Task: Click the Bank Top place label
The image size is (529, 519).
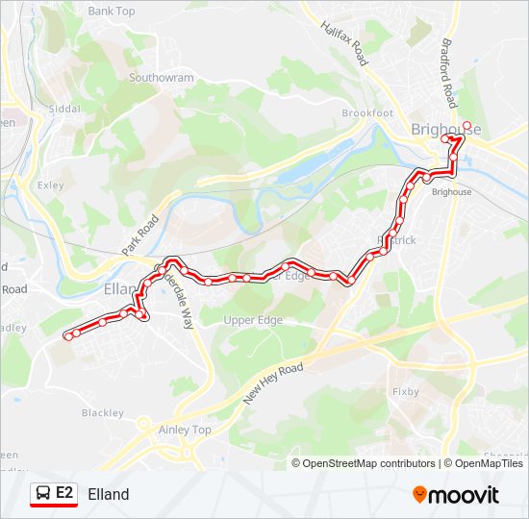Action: tap(113, 12)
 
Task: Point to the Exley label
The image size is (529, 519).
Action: tap(50, 185)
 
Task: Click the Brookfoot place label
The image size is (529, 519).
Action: tap(367, 112)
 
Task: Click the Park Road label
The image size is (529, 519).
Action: tap(139, 235)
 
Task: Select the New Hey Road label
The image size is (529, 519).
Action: tap(273, 383)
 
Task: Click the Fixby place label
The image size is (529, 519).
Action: tap(406, 392)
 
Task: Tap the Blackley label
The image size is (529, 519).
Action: tap(102, 413)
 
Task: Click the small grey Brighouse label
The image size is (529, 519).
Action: tap(452, 192)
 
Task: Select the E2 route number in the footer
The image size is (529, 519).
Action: tap(64, 493)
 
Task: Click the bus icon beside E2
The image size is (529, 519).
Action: tap(43, 493)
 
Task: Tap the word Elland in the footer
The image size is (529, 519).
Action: tap(108, 494)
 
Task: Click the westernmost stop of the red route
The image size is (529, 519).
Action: tap(67, 336)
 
